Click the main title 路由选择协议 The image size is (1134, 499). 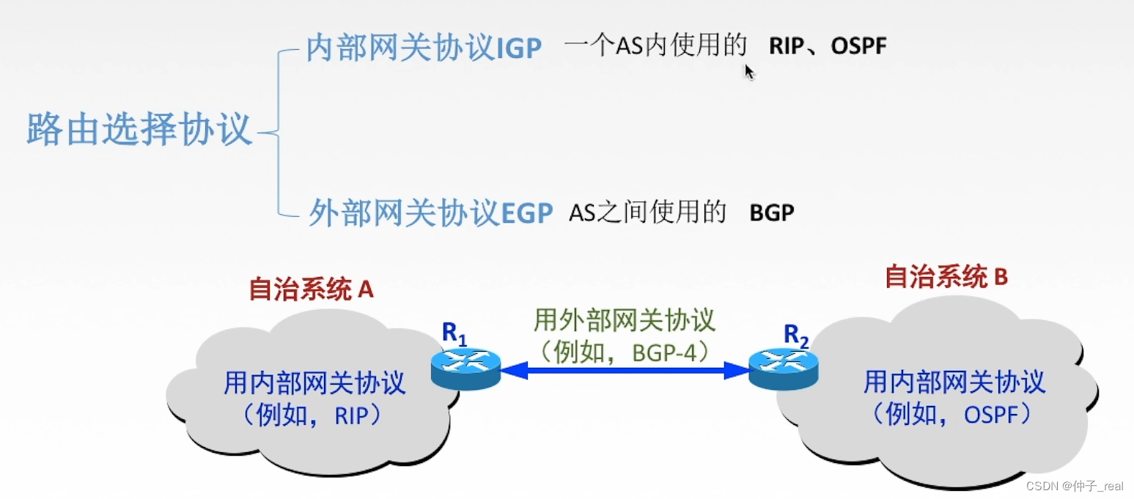click(x=139, y=130)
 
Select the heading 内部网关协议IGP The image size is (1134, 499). click(x=424, y=48)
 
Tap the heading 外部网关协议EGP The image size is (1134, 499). click(x=430, y=212)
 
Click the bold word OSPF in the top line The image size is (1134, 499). click(x=858, y=47)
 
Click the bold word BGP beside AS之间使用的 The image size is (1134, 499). click(x=772, y=213)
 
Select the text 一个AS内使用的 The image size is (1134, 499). click(x=655, y=47)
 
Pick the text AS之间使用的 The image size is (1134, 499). click(x=647, y=213)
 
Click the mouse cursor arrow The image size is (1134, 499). click(x=749, y=71)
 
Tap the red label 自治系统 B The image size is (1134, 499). click(x=946, y=277)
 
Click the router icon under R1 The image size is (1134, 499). click(x=465, y=368)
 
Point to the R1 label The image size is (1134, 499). click(x=454, y=334)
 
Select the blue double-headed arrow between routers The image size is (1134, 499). click(x=625, y=371)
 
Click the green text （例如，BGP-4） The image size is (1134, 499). click(x=624, y=352)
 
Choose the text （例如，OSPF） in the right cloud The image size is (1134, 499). click(x=953, y=415)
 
